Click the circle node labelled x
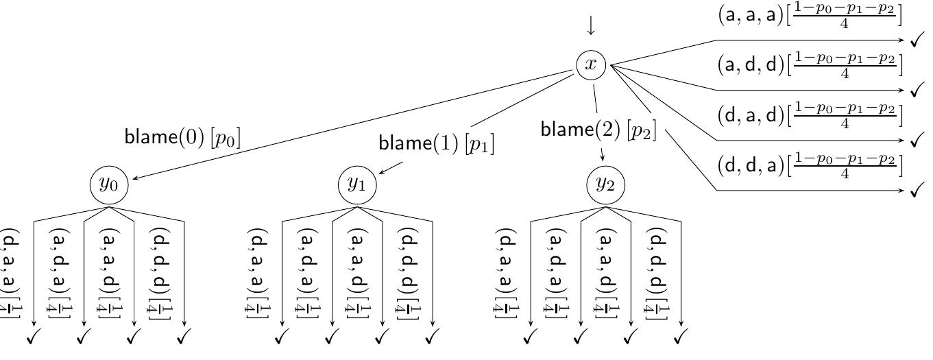coord(591,65)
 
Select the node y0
coord(109,184)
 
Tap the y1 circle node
coord(357,184)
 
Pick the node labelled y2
coord(605,184)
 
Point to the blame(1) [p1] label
coord(436,143)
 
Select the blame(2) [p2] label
coord(598,129)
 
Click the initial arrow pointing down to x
coord(591,25)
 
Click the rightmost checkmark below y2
coord(681,337)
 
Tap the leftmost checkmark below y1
coord(282,337)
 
